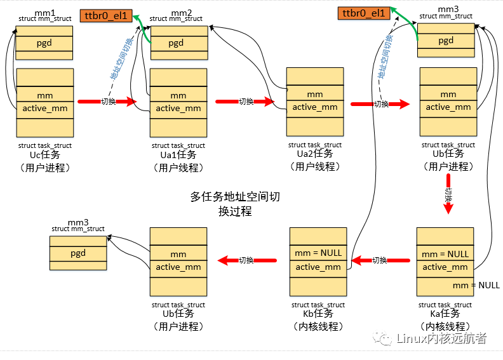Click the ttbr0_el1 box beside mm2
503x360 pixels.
point(106,16)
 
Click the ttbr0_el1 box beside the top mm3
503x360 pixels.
point(364,13)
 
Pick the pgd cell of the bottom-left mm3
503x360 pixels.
point(78,253)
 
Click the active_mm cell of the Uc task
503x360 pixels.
point(44,109)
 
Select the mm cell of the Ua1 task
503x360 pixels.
point(178,95)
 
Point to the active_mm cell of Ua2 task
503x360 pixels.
point(315,107)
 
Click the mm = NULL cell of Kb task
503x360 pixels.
point(318,253)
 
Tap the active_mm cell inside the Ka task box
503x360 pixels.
point(445,267)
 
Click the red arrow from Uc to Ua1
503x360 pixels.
point(107,102)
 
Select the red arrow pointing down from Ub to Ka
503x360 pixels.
point(448,196)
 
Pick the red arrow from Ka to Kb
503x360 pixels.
point(380,260)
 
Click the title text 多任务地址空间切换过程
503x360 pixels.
point(235,204)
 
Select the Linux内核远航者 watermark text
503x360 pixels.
point(441,338)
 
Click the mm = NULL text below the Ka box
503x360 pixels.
point(480,285)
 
